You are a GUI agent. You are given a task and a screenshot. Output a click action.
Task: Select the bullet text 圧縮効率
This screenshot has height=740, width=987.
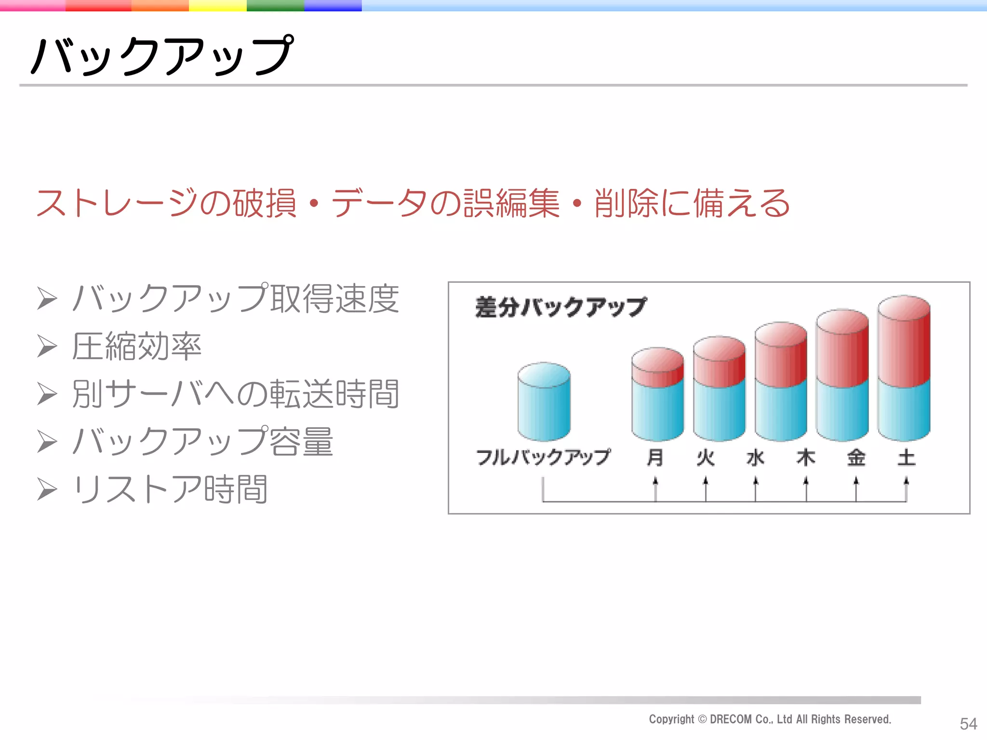click(x=136, y=346)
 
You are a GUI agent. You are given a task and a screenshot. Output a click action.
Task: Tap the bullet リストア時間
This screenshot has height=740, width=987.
click(x=170, y=489)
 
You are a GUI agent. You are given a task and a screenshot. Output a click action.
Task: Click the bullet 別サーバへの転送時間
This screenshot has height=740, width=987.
click(x=235, y=394)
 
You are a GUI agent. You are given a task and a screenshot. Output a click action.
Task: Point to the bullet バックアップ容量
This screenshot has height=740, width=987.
click(x=202, y=441)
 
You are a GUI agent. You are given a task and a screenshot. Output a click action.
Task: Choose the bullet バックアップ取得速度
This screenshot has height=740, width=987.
click(x=235, y=299)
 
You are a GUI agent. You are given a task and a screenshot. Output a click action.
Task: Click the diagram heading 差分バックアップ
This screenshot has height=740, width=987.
click(x=560, y=307)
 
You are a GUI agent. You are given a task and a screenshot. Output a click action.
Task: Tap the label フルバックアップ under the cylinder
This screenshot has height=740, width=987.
click(x=543, y=457)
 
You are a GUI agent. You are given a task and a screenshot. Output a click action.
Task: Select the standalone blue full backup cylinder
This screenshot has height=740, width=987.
click(x=544, y=402)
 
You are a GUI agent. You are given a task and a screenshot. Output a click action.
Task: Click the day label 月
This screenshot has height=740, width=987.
click(x=655, y=457)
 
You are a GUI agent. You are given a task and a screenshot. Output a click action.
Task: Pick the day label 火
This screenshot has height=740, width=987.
click(x=706, y=457)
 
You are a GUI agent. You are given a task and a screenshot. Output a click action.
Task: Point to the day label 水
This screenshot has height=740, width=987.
click(x=756, y=457)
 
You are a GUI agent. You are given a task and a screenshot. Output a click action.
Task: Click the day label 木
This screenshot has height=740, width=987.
click(x=806, y=457)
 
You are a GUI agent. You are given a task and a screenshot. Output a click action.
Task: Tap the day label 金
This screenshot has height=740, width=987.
click(x=856, y=457)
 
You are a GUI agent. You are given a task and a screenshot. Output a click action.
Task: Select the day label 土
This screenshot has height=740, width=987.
click(x=906, y=457)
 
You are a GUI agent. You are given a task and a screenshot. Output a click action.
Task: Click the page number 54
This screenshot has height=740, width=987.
click(x=968, y=724)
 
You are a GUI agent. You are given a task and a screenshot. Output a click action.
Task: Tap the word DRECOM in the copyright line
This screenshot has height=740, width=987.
click(x=731, y=719)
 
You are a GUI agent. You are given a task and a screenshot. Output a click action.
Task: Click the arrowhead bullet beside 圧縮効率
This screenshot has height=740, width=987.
click(x=47, y=346)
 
